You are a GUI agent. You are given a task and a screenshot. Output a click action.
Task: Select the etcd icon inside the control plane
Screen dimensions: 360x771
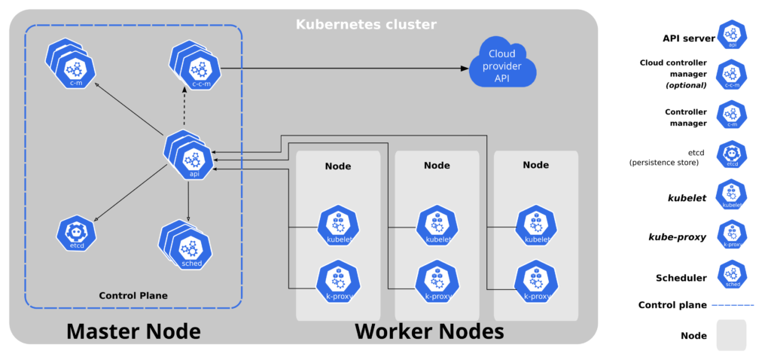[x=76, y=233]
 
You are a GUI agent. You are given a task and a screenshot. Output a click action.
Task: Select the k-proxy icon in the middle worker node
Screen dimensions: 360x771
[x=437, y=280]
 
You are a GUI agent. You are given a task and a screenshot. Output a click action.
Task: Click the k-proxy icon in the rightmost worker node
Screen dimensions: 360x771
[x=536, y=280]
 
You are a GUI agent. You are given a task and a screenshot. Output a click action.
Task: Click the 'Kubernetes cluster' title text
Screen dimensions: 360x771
[x=366, y=24]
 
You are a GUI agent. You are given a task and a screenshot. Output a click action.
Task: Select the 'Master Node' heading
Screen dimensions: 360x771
[x=133, y=331]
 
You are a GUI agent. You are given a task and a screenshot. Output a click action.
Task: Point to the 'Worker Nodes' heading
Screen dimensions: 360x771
[x=429, y=331]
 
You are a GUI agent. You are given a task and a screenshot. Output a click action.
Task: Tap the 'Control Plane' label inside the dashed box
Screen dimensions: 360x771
[x=133, y=295]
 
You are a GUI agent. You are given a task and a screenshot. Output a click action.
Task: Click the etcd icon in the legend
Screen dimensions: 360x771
[x=732, y=154]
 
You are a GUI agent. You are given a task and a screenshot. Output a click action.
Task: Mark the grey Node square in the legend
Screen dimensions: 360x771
[x=731, y=335]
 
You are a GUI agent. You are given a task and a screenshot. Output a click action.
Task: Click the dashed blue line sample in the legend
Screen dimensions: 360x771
[x=733, y=305]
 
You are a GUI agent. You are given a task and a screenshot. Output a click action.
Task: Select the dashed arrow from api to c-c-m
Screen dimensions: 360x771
[x=185, y=109]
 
